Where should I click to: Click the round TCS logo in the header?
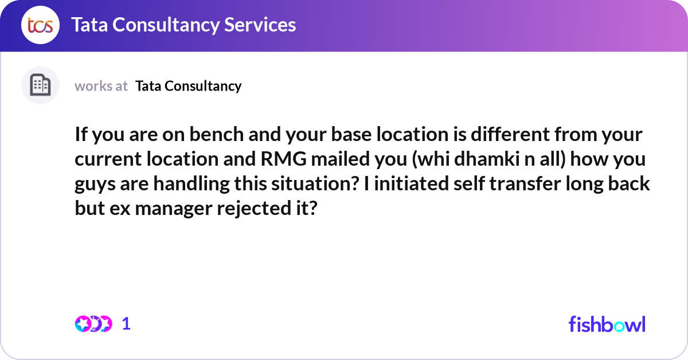40,25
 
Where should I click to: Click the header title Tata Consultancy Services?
183,25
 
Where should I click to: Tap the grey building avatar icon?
40,85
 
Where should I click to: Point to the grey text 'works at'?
101,86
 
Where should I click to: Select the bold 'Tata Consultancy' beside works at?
189,86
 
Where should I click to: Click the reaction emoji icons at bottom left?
93,324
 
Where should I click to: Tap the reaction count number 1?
126,324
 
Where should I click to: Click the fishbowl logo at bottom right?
607,324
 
